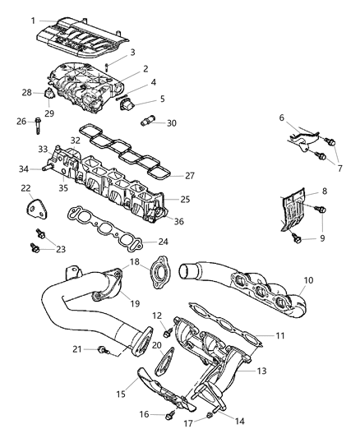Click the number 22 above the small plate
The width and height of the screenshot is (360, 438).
(25, 188)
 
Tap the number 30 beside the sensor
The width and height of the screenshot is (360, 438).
(171, 123)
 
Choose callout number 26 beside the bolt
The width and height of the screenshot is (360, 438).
(22, 122)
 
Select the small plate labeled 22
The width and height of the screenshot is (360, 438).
(34, 211)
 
